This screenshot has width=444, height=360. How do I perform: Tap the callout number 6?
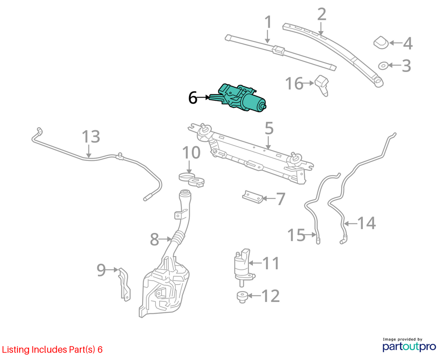coord(193,98)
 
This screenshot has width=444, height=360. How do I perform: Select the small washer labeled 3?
coord(383,66)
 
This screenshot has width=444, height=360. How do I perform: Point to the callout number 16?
coord(294,84)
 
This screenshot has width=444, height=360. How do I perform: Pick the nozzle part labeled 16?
coord(322,85)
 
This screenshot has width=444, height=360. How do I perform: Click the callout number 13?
coord(91,137)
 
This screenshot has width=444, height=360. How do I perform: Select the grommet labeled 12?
coord(242,297)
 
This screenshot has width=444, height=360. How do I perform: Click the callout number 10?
coord(191,153)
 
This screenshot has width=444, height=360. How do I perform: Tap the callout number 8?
coord(154,239)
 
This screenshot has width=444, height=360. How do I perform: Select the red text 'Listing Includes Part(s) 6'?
coord(52,350)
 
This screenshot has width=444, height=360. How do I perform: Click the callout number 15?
coord(297,235)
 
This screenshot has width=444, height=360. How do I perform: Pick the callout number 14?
coord(367,223)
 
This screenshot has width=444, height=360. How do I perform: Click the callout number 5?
coord(269,128)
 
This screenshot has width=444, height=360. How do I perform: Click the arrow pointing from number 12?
coord(254,296)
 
